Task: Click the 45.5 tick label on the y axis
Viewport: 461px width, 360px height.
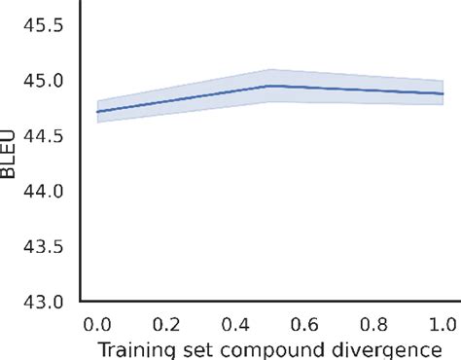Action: tap(45, 26)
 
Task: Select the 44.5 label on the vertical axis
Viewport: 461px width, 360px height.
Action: tap(45, 137)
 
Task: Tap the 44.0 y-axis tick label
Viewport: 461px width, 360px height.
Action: tap(45, 192)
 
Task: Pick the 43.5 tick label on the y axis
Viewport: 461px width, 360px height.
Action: tap(45, 247)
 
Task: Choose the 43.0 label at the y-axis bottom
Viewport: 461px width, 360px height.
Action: tap(45, 302)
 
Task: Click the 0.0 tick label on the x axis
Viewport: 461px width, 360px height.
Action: tap(97, 322)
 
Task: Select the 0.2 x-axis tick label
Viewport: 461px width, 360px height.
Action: tap(166, 322)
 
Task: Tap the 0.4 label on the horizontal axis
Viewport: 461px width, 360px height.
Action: tap(236, 322)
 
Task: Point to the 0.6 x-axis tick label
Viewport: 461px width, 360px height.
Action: tap(305, 322)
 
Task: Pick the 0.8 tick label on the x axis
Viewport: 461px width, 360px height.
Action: tap(374, 322)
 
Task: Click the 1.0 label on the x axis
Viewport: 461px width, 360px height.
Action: tap(443, 322)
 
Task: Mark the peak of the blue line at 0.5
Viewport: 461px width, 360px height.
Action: tap(270, 86)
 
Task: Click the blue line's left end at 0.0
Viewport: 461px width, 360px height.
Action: tap(98, 111)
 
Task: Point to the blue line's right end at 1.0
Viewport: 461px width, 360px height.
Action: tap(443, 93)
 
